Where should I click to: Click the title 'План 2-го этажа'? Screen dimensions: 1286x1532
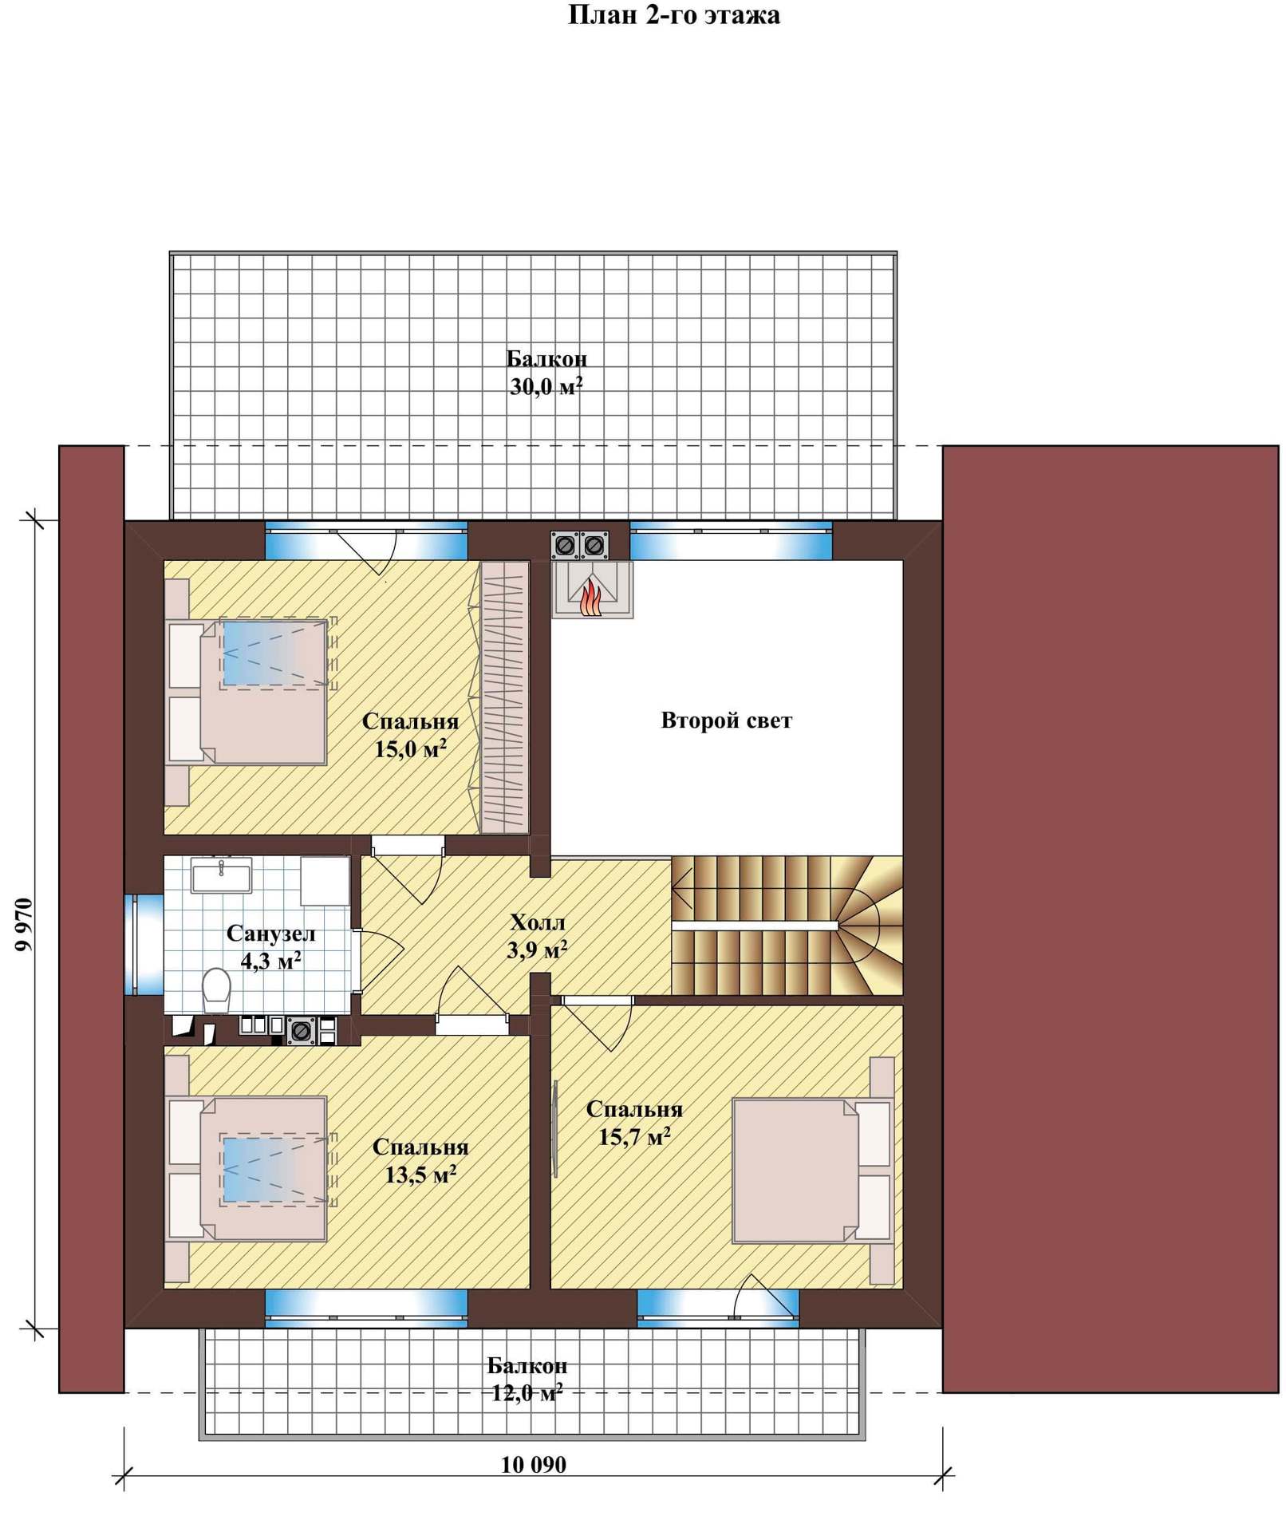(x=673, y=15)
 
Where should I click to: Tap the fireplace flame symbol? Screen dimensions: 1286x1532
(x=590, y=598)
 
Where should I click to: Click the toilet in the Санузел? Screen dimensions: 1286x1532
(x=216, y=990)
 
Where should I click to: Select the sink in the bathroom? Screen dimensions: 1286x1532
(x=221, y=875)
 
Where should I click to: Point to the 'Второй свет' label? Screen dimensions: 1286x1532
(x=726, y=721)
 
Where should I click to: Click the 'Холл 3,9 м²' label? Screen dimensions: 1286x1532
(x=538, y=936)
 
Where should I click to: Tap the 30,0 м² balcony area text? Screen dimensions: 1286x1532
(x=546, y=387)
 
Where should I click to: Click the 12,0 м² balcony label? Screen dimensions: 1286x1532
(x=527, y=1392)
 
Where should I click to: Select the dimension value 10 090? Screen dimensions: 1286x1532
(x=533, y=1465)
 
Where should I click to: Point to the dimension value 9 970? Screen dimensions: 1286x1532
(x=24, y=924)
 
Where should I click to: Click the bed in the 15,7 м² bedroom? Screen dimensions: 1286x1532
(x=811, y=1171)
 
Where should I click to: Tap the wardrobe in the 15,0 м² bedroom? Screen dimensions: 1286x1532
(x=504, y=697)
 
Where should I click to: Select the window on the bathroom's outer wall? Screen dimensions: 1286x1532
(x=144, y=945)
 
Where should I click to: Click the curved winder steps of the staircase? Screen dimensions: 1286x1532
(x=867, y=925)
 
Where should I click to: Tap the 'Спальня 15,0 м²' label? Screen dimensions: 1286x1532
(x=410, y=735)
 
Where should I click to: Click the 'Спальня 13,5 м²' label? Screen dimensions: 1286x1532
(x=420, y=1161)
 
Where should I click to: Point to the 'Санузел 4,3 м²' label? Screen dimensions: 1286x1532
(x=270, y=946)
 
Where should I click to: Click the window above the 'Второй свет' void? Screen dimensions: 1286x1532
(x=731, y=540)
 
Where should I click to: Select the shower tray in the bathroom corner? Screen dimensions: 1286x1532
(x=325, y=881)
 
